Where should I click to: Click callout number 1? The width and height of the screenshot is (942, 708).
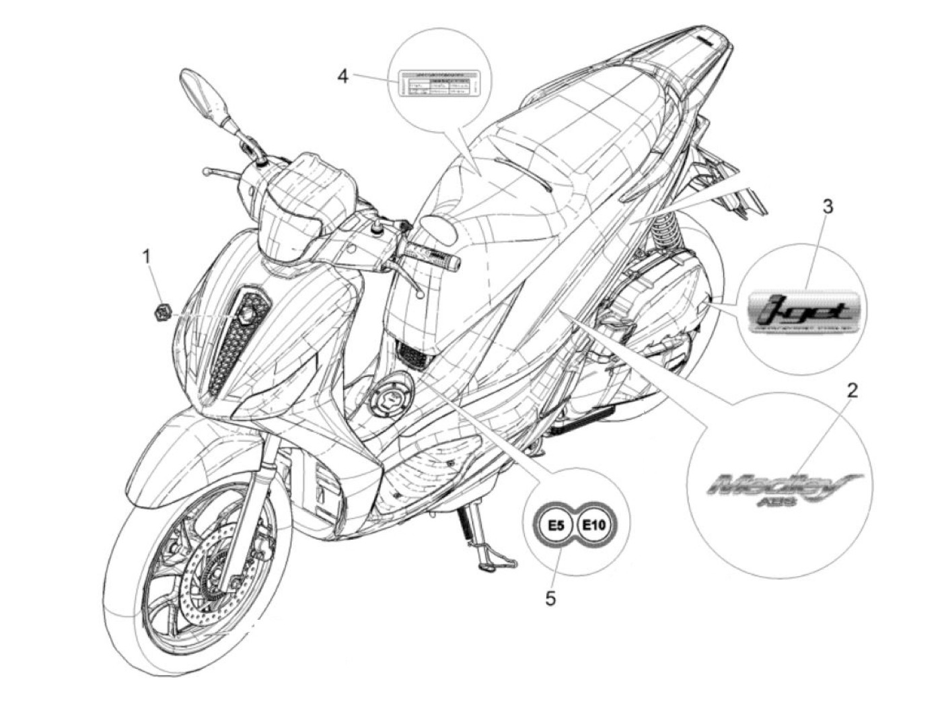pyautogui.click(x=146, y=256)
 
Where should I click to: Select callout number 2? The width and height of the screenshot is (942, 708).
pyautogui.click(x=852, y=390)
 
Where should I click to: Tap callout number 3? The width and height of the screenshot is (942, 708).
pyautogui.click(x=828, y=207)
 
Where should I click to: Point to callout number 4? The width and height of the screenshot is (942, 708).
pyautogui.click(x=343, y=76)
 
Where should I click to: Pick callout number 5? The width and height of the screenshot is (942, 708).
pyautogui.click(x=551, y=598)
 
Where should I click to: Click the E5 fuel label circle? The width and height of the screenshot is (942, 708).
pyautogui.click(x=556, y=526)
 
